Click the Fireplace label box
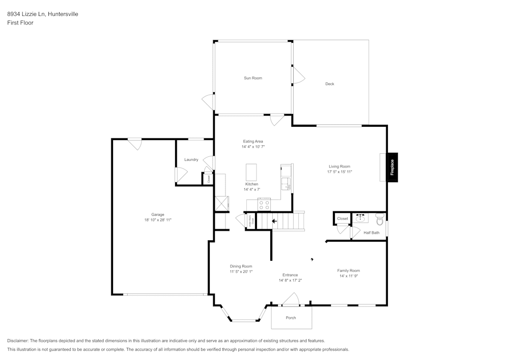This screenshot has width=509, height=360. click(392, 167)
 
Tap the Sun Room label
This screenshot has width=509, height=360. click(253, 78)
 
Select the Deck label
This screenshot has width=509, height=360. click(330, 84)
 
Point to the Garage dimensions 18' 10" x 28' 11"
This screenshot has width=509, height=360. click(158, 220)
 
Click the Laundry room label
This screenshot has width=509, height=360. click(191, 160)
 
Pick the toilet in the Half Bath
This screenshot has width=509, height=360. click(379, 218)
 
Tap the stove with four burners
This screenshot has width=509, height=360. click(264, 205)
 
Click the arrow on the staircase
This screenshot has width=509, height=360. click(274, 221)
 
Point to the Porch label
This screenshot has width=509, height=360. click(291, 318)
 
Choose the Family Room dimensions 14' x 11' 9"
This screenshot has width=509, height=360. click(349, 276)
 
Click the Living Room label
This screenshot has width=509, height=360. click(340, 167)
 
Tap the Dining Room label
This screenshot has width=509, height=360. click(241, 266)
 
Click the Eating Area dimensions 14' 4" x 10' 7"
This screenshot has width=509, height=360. click(253, 147)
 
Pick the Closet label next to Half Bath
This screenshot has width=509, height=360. click(343, 219)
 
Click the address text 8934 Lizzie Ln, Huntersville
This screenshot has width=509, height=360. click(43, 14)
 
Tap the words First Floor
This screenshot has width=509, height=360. click(20, 23)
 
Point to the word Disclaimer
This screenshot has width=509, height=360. click(18, 341)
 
